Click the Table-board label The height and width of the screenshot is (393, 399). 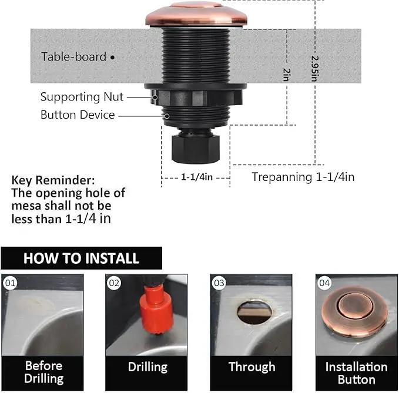pyautogui.click(x=73, y=56)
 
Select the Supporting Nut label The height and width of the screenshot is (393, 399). pyautogui.click(x=82, y=97)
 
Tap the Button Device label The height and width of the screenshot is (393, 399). pyautogui.click(x=78, y=115)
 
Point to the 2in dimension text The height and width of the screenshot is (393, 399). pyautogui.click(x=287, y=75)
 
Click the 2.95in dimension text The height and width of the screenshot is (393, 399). pyautogui.click(x=315, y=69)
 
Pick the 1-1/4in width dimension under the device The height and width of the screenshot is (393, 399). pyautogui.click(x=197, y=177)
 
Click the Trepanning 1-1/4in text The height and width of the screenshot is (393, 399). pyautogui.click(x=303, y=177)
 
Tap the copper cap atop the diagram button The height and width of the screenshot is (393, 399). pyautogui.click(x=196, y=14)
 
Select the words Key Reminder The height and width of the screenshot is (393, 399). pyautogui.click(x=53, y=180)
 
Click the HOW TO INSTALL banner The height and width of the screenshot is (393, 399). pyautogui.click(x=82, y=258)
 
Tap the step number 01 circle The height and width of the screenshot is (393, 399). pyautogui.click(x=10, y=283)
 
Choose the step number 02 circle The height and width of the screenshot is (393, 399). pyautogui.click(x=114, y=283)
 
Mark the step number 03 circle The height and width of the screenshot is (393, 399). pyautogui.click(x=219, y=283)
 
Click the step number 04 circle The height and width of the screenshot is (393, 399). pyautogui.click(x=324, y=283)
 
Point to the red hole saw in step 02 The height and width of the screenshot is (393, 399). pyautogui.click(x=156, y=310)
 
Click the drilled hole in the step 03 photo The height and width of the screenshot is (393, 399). pyautogui.click(x=254, y=311)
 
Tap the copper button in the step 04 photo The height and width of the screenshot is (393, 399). pyautogui.click(x=354, y=311)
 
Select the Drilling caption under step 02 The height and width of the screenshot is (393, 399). pyautogui.click(x=147, y=367)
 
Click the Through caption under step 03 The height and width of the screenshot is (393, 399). pyautogui.click(x=252, y=367)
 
